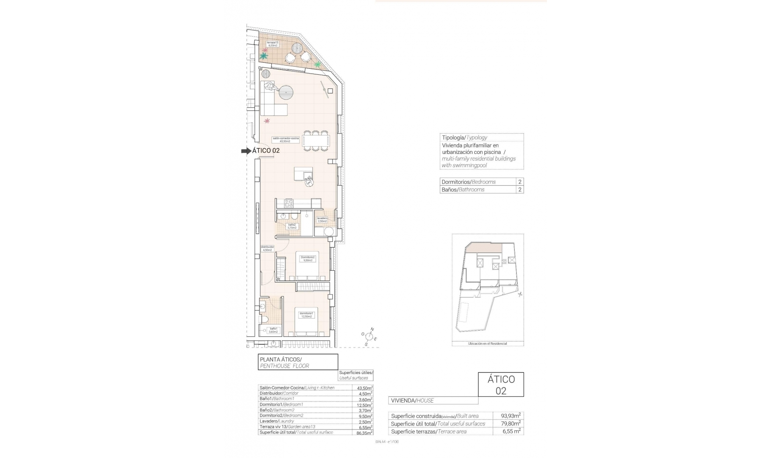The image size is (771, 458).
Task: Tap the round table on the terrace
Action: click(x=298, y=48)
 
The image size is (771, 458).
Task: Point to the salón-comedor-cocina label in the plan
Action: click(x=286, y=139)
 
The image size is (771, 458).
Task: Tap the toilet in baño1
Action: click(x=264, y=319)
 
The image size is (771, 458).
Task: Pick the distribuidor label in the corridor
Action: click(x=267, y=248)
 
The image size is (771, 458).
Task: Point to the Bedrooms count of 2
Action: click(x=520, y=182)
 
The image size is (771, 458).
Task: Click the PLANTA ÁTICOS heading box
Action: click(x=298, y=362)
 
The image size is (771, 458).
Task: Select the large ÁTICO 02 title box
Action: click(x=501, y=384)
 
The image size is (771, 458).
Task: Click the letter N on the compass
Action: click(x=372, y=329)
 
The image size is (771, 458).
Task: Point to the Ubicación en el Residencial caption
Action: click(x=487, y=344)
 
